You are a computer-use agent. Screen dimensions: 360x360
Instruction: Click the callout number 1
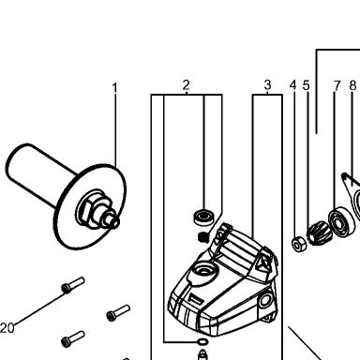tap(115, 88)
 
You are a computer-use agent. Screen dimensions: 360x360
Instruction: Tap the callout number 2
tap(187, 85)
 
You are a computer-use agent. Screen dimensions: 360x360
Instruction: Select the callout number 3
tap(267, 84)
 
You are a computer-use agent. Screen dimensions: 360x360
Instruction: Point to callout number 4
tap(292, 85)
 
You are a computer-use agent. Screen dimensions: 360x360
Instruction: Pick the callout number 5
tap(306, 85)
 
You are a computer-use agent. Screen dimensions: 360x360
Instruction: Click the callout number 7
tap(337, 85)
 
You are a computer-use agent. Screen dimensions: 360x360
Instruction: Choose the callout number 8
tap(352, 85)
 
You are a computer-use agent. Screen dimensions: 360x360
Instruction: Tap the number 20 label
tap(7, 328)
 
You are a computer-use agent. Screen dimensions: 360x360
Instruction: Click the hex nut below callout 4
tap(299, 244)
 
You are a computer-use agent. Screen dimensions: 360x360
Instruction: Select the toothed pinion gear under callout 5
tap(317, 232)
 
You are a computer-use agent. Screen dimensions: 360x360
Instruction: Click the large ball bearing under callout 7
tap(341, 222)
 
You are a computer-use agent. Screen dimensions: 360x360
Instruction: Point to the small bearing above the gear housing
tap(203, 217)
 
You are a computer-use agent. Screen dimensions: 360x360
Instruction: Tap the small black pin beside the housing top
tap(203, 237)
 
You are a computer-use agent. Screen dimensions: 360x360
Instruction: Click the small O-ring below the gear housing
tap(202, 342)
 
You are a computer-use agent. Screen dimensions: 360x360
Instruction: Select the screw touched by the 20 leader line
tap(73, 285)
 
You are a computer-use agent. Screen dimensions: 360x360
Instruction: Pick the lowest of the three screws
tap(73, 338)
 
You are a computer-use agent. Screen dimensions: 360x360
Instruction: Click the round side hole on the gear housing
tap(265, 300)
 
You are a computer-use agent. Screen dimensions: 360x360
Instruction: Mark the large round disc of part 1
tap(90, 207)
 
